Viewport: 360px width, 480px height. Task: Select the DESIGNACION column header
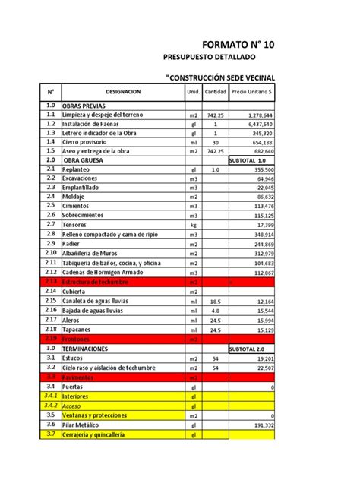[x=123, y=91]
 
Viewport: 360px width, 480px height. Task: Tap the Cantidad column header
[x=216, y=91]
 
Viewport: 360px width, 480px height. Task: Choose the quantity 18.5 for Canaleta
[x=215, y=301]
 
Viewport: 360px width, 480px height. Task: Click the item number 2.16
[x=50, y=310]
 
